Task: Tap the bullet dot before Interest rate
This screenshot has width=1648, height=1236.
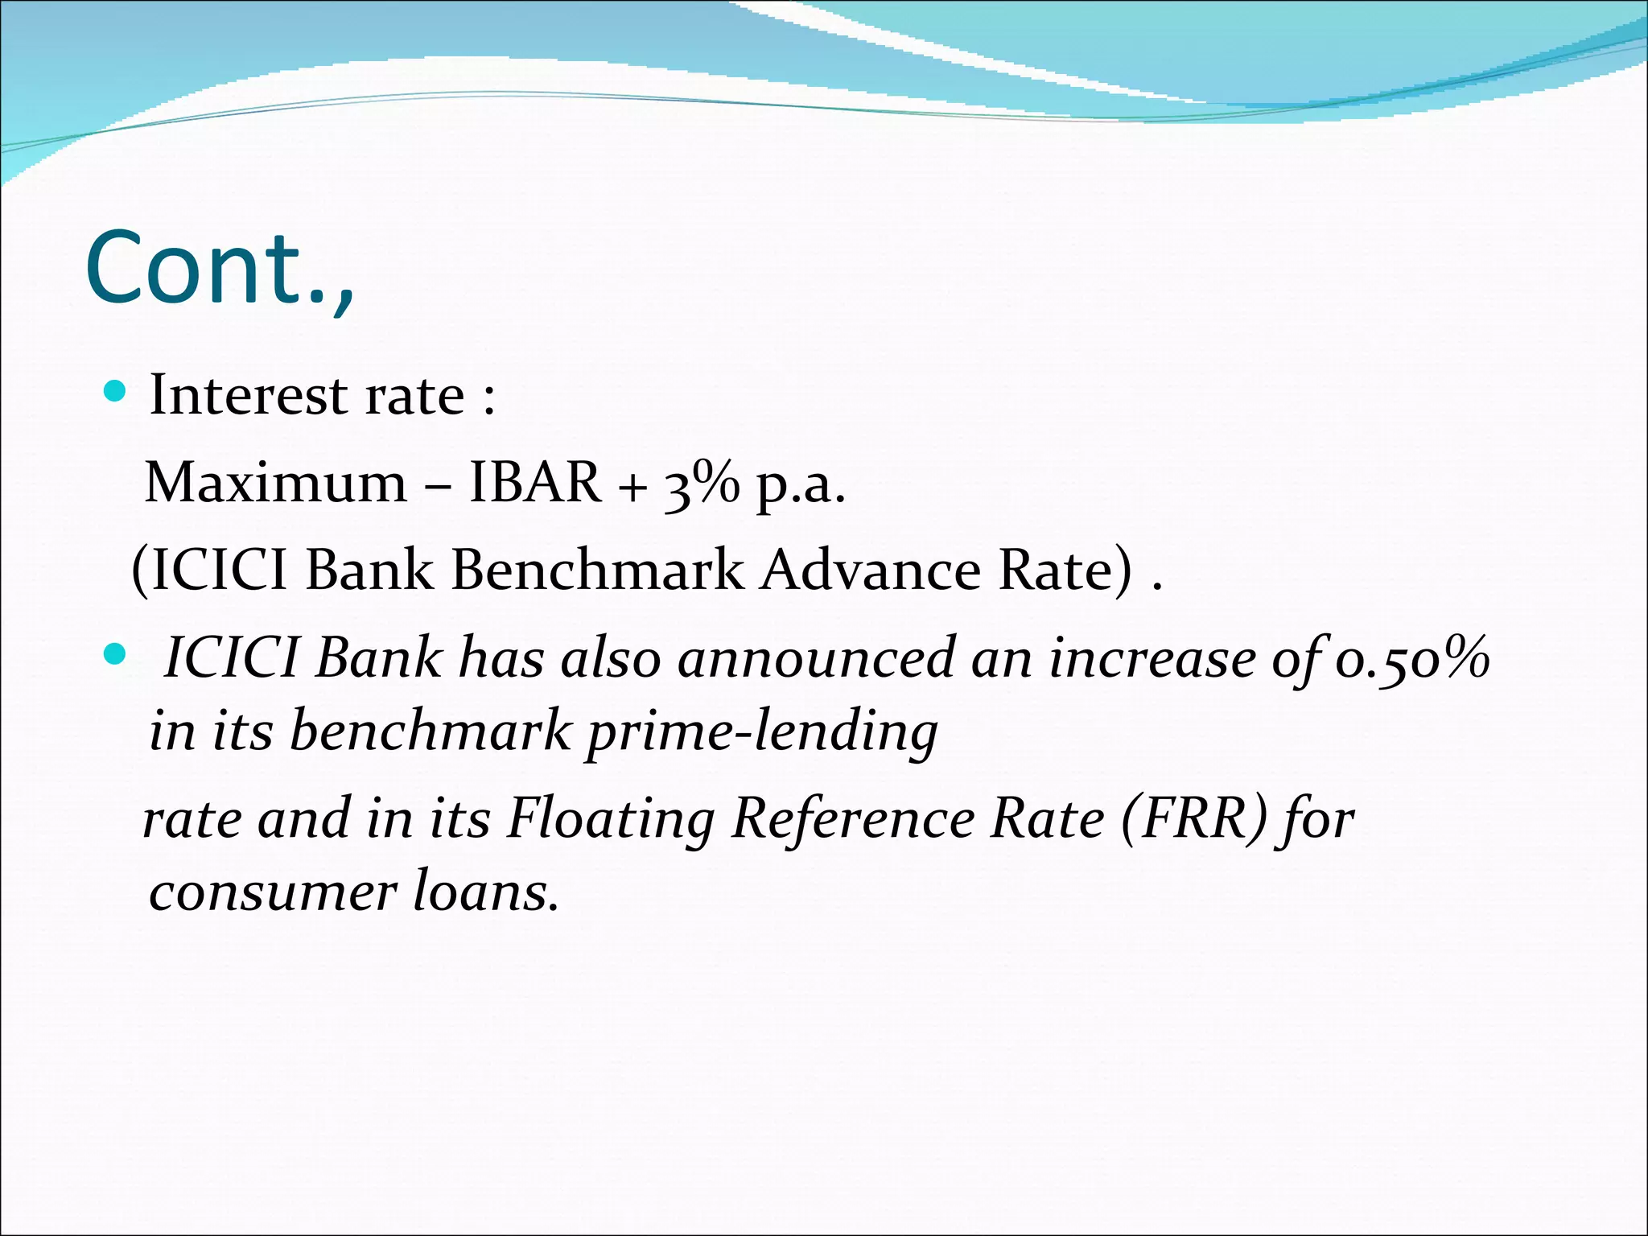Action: (116, 393)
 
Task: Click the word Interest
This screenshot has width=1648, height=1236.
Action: (249, 395)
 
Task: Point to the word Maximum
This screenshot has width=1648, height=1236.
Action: (276, 483)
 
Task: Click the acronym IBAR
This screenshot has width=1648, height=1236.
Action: (534, 483)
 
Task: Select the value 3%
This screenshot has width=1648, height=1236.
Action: (700, 484)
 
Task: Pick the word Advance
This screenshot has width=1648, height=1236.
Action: (871, 570)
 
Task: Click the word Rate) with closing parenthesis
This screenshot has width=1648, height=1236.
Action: (1065, 570)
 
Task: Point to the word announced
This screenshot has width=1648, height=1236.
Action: (815, 658)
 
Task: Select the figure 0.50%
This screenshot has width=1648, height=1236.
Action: (1412, 658)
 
